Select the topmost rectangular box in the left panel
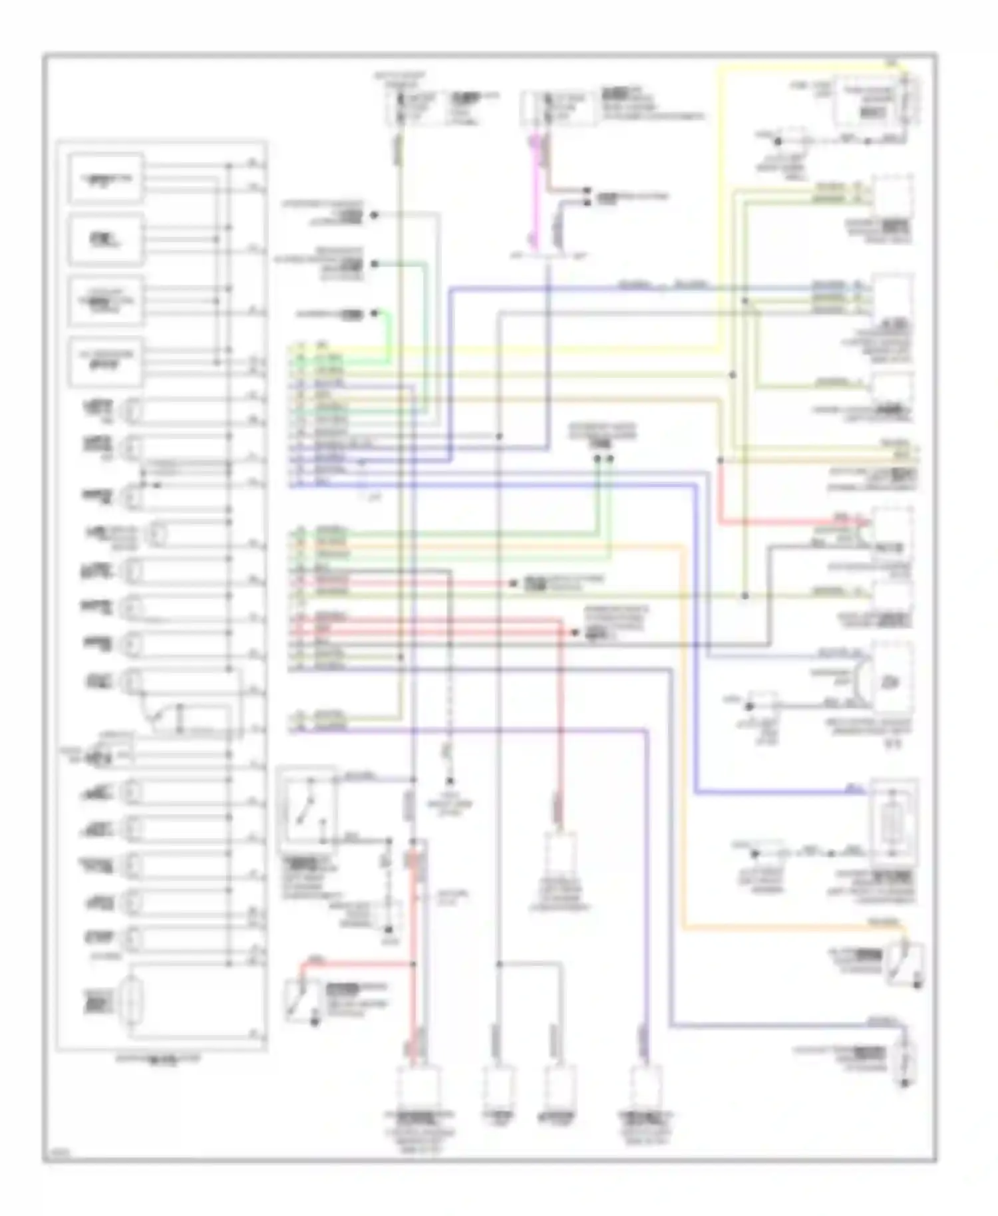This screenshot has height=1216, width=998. [x=106, y=178]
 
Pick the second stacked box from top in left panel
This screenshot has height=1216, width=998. [x=106, y=239]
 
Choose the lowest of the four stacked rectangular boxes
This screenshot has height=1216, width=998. [x=106, y=362]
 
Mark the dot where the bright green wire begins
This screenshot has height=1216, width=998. [x=375, y=313]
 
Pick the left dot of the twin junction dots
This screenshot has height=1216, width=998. [x=597, y=458]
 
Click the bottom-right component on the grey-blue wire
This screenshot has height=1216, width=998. [x=904, y=1058]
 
